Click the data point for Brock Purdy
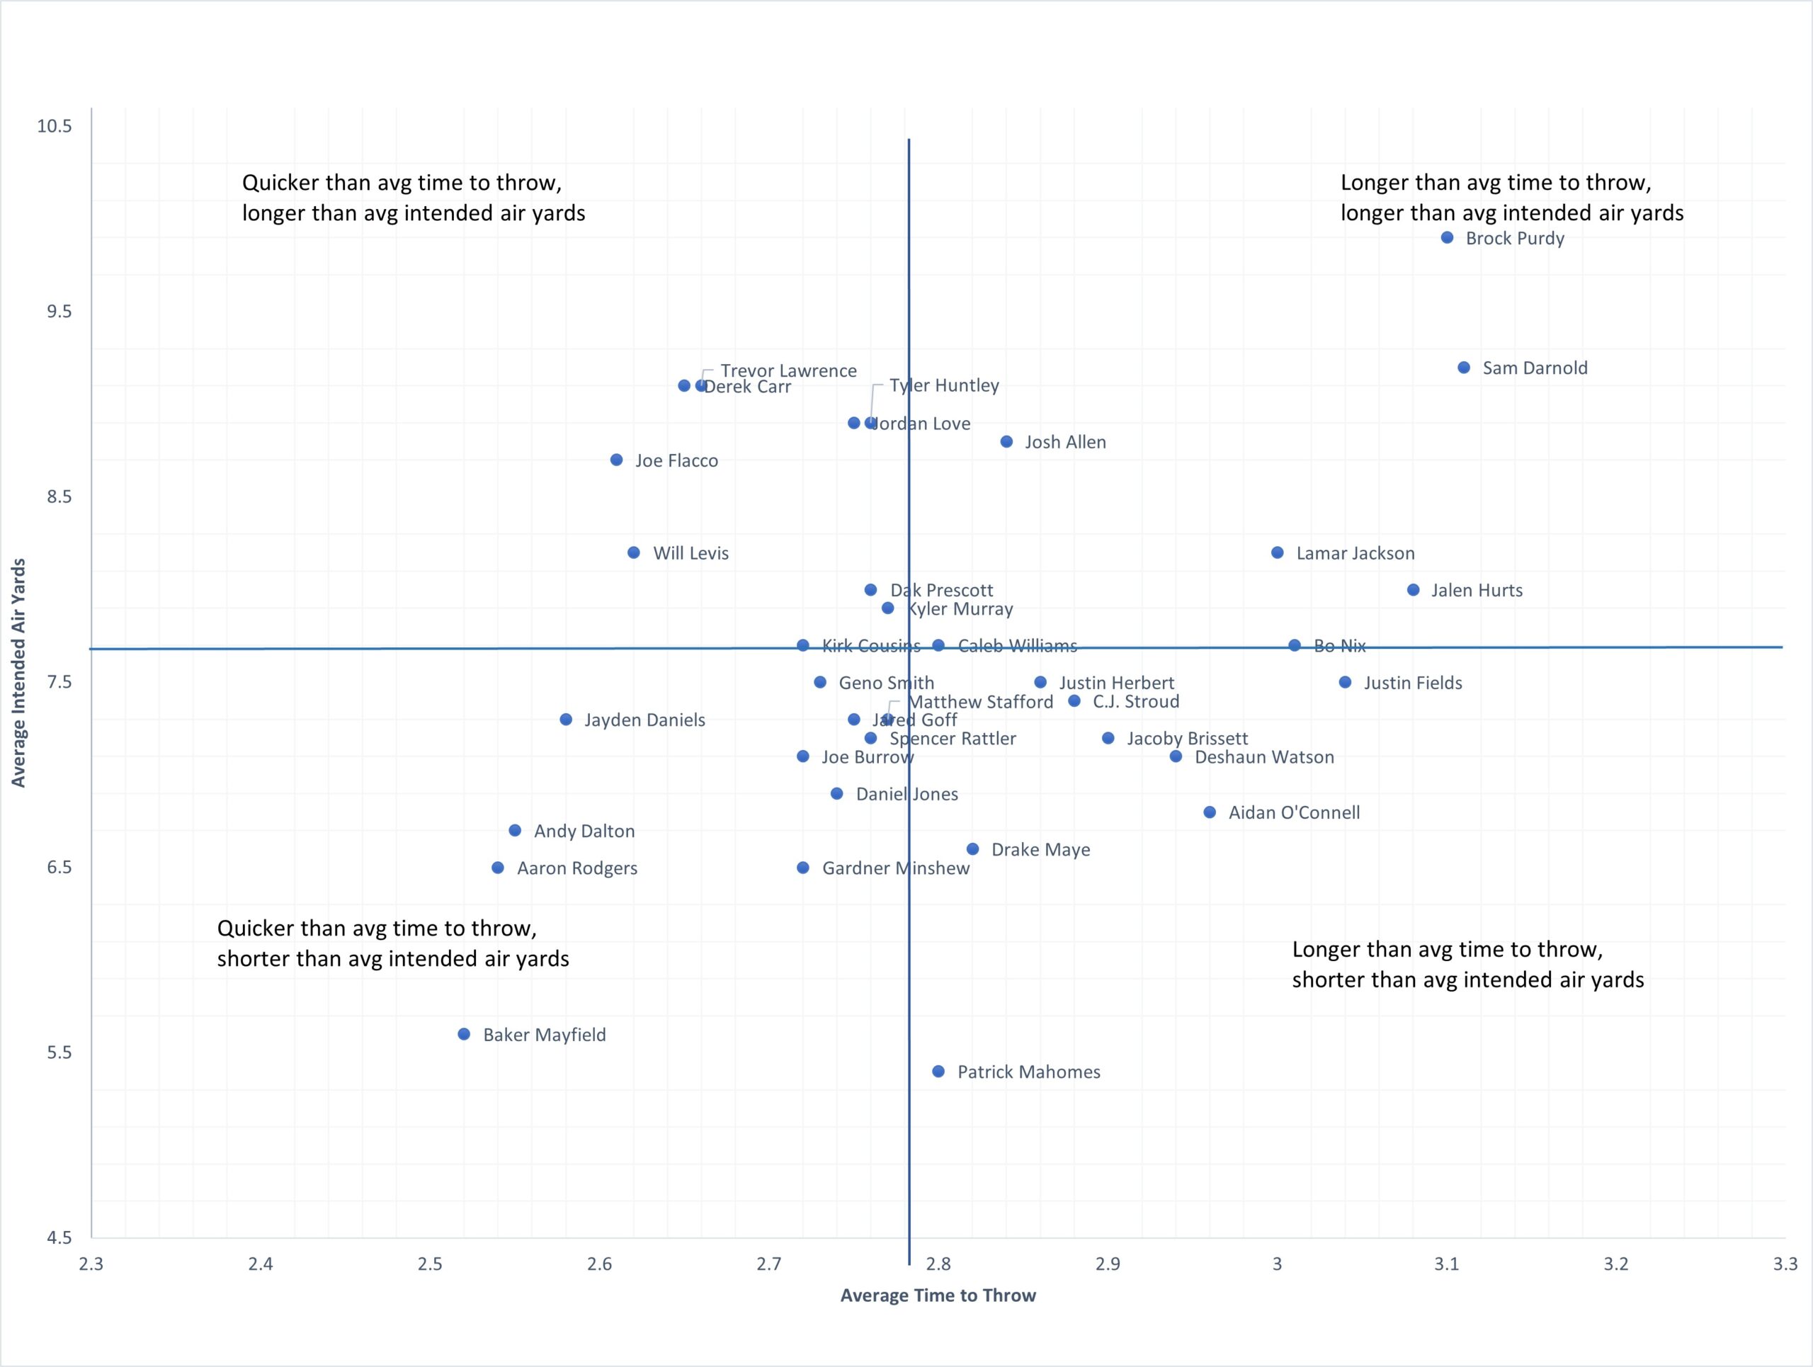click(1448, 238)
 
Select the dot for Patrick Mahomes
click(938, 1071)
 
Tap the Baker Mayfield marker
click(464, 1034)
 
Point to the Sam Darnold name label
click(1535, 368)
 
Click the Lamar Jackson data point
click(1277, 552)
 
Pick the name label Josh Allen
click(1064, 443)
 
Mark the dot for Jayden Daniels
click(566, 720)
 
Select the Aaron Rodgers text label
click(577, 868)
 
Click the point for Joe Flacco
click(616, 460)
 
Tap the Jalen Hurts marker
click(1413, 590)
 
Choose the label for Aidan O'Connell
click(1293, 812)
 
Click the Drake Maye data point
click(972, 849)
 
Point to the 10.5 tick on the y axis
click(54, 125)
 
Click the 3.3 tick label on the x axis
click(1785, 1264)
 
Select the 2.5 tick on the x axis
click(429, 1264)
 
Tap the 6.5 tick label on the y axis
click(59, 867)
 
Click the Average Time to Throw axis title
click(938, 1295)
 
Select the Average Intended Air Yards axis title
click(18, 672)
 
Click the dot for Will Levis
click(634, 552)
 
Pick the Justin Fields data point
click(1345, 682)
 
